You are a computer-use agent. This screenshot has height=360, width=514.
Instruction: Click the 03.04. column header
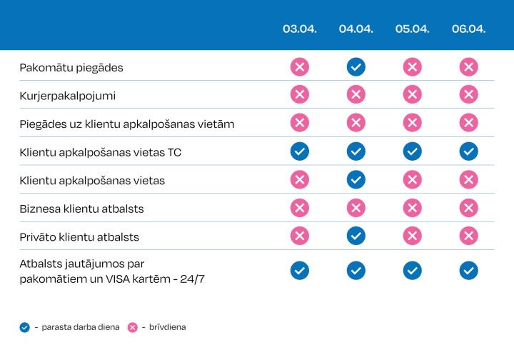299,29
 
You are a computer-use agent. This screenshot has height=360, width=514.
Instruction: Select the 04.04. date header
356,29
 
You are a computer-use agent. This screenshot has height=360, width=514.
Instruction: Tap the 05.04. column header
412,29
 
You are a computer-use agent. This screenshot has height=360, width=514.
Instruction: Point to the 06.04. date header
468,29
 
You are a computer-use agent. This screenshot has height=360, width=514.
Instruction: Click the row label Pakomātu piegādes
71,68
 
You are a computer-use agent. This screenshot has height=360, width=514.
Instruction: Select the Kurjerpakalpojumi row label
67,96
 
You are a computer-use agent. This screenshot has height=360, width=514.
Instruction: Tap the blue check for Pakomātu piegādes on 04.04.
356,67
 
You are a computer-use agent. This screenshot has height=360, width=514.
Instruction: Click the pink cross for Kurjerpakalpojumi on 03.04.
299,95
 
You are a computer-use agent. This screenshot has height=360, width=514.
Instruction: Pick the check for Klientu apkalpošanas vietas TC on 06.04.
468,151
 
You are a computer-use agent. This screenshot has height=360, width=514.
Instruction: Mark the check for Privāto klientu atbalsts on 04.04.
356,236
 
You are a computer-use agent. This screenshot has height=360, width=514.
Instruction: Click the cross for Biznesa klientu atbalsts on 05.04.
412,208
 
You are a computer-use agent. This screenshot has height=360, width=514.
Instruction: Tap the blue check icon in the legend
25,327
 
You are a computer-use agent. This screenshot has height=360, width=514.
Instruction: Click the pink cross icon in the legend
132,327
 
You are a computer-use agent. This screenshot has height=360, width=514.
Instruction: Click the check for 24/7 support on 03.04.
299,270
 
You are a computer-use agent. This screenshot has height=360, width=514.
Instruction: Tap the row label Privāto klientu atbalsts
79,236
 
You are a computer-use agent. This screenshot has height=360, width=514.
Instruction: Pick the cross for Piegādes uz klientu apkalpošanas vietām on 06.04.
468,123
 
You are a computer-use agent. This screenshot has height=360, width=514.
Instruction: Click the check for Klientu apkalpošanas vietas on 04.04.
356,179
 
